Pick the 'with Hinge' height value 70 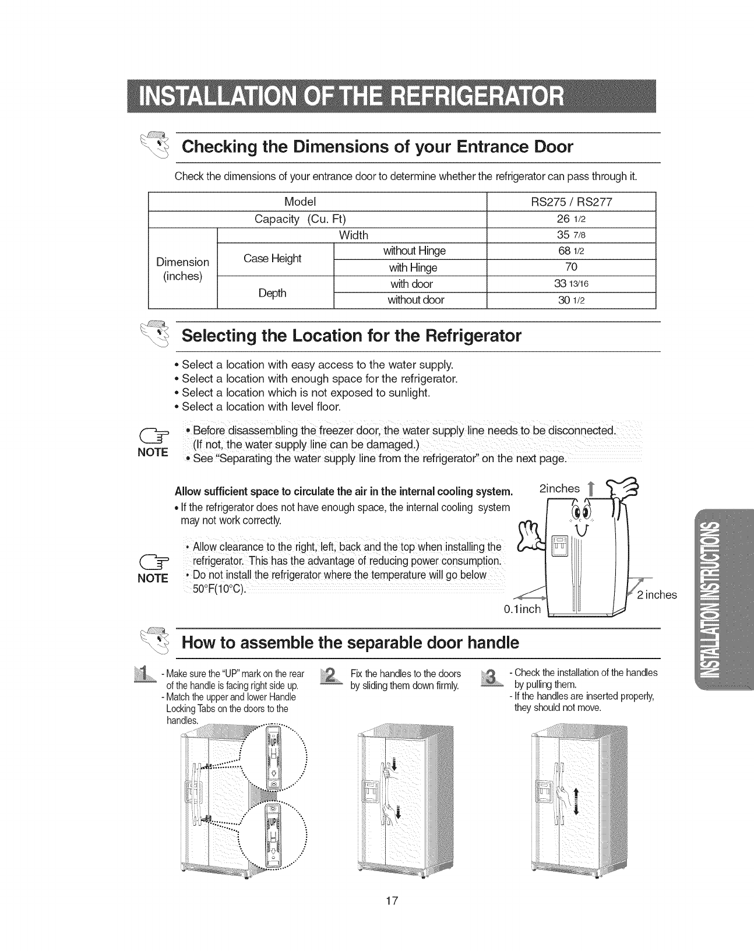click(571, 267)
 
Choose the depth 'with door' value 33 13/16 click(571, 284)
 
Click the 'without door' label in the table click(416, 300)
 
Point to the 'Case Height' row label click(272, 259)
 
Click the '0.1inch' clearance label click(522, 610)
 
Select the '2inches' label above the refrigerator click(560, 488)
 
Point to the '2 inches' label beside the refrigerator click(657, 595)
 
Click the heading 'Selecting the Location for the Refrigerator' click(351, 337)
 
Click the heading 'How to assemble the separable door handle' click(350, 643)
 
